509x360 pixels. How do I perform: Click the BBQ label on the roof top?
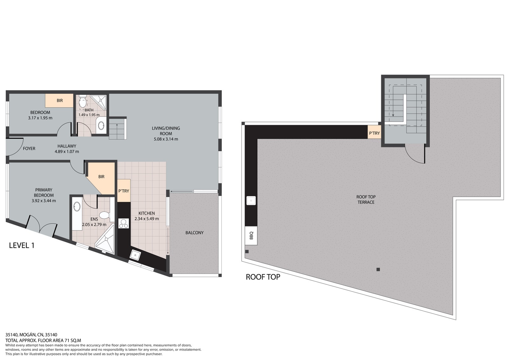point(251,236)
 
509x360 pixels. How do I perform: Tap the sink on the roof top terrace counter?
point(251,201)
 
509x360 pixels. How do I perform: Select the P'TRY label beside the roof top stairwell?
point(374,133)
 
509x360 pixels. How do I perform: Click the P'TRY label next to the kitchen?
point(124,191)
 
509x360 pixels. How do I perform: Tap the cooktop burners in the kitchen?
point(123,223)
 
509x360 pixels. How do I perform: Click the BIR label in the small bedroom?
point(60,101)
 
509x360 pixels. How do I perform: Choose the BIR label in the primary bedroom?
point(101,177)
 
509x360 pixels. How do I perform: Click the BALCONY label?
point(194,233)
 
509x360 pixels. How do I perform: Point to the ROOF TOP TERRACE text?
point(366,200)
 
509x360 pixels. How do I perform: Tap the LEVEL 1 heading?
point(22,245)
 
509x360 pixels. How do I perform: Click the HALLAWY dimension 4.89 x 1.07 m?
point(67,152)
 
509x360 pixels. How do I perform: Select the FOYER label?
point(29,149)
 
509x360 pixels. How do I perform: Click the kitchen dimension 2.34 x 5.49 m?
point(147,219)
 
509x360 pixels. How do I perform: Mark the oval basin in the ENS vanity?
point(77,207)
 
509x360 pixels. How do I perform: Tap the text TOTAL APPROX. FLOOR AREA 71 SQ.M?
point(43,340)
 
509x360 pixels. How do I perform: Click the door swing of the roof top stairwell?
point(415,154)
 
